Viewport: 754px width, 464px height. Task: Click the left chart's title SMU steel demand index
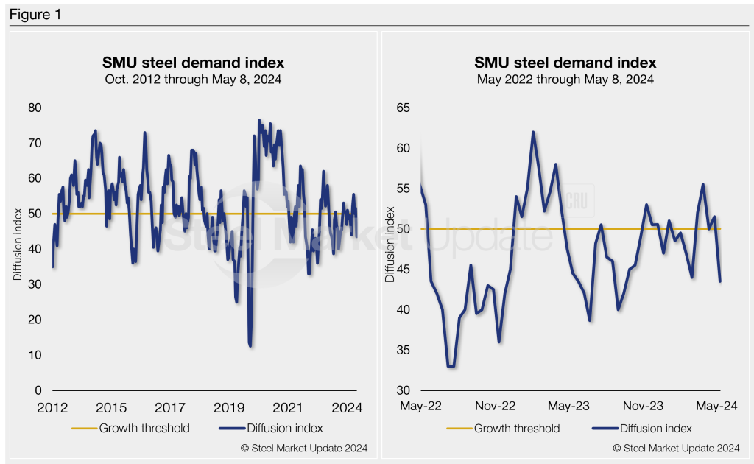(x=193, y=63)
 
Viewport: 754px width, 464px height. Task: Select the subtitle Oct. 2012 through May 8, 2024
(x=193, y=79)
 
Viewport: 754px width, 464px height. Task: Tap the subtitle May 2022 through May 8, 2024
(x=565, y=79)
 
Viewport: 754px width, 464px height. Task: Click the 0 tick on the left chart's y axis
(x=39, y=390)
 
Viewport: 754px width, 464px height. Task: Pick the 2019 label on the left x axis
(x=230, y=407)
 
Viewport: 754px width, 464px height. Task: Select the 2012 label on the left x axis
(x=52, y=407)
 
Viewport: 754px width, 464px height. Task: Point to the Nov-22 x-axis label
(x=496, y=407)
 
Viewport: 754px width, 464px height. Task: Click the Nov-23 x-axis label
(x=645, y=407)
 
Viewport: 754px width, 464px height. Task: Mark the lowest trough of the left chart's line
(x=251, y=345)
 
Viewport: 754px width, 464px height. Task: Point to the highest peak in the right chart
(x=533, y=133)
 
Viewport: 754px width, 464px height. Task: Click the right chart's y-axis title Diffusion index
(x=390, y=249)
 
